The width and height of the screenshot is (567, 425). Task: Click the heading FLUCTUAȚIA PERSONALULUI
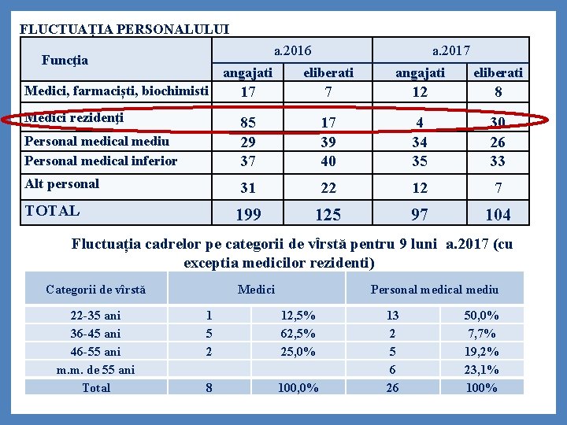click(124, 30)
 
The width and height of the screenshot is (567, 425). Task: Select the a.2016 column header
click(292, 51)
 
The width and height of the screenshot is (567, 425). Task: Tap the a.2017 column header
click(451, 51)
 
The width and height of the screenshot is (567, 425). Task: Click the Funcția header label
click(65, 60)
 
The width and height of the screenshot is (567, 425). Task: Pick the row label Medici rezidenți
click(74, 118)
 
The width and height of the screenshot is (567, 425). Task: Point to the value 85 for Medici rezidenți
click(248, 123)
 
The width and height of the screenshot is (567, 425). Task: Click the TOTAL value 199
click(248, 215)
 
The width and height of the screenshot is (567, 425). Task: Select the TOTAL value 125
click(328, 215)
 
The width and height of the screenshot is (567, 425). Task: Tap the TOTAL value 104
click(497, 215)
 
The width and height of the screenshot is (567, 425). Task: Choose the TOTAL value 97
click(420, 215)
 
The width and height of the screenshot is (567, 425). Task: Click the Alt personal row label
click(62, 184)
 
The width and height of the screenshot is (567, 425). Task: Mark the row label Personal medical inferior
click(101, 161)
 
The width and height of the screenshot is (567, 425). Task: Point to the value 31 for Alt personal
click(248, 189)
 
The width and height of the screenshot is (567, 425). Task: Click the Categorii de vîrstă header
click(95, 290)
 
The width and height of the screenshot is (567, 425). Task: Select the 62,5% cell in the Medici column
click(298, 334)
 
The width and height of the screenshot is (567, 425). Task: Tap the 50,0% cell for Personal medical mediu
click(481, 316)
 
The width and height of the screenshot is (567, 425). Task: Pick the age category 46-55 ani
click(95, 352)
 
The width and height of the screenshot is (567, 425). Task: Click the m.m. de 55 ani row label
click(95, 370)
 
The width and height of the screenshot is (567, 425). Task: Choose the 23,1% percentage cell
click(481, 370)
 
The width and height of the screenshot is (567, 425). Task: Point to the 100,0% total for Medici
click(298, 388)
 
